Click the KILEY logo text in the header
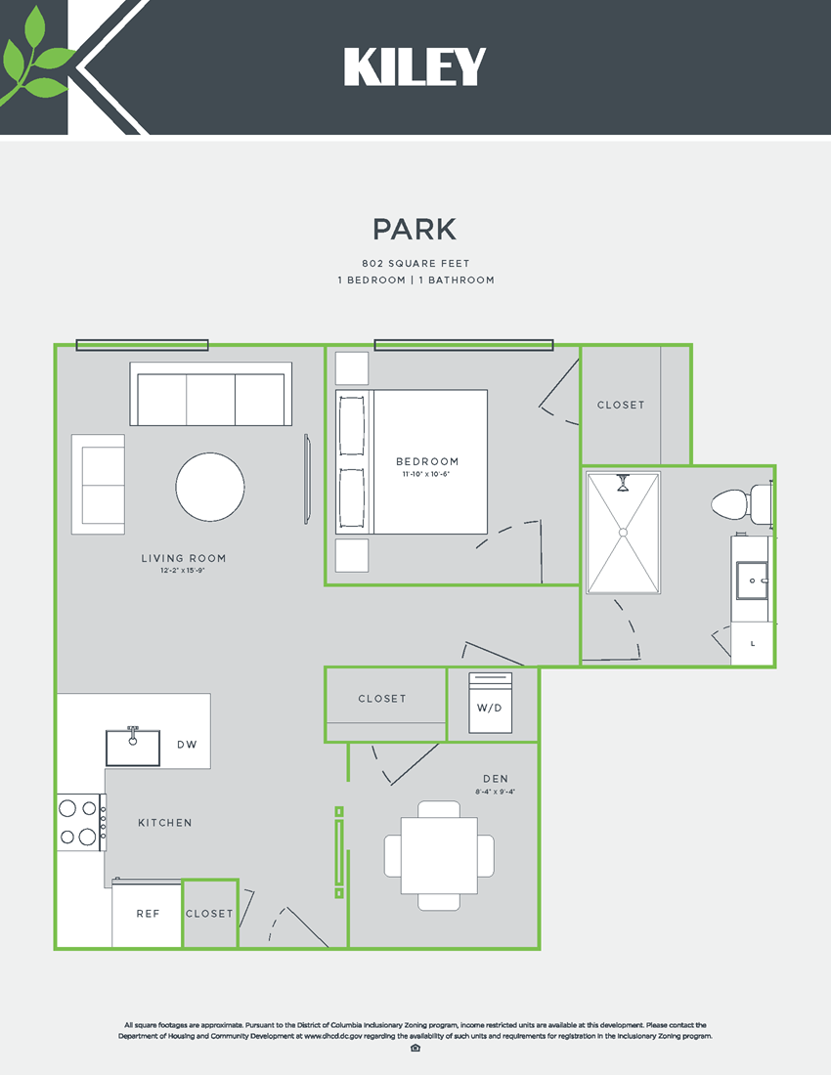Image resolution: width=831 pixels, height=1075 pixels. pos(415,67)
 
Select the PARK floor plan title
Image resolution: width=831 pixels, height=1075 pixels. pos(415,229)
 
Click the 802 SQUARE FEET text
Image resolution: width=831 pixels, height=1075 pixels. pos(415,264)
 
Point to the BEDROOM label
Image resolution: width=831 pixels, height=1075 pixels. pos(427,461)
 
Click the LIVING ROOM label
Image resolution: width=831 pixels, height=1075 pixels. pos(184,559)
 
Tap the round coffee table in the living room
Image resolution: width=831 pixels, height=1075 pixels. pos(210,487)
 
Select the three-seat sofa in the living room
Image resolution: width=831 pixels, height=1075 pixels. pos(211,395)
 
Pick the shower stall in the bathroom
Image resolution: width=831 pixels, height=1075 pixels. pos(623,533)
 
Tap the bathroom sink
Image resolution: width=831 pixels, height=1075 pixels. pos(752,580)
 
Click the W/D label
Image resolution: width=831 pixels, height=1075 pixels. pos(490,708)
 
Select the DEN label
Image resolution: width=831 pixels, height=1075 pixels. pos(495,779)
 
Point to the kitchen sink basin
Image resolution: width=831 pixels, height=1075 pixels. pos(133,748)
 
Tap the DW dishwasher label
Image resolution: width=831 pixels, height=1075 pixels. pos(187,745)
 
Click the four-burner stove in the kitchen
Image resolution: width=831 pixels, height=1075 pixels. pos(80,822)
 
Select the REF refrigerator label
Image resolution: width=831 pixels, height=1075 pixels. pos(148,914)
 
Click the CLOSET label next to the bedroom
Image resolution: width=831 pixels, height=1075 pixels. pos(621,405)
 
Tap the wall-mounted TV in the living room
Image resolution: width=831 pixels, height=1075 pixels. pos(308,479)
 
